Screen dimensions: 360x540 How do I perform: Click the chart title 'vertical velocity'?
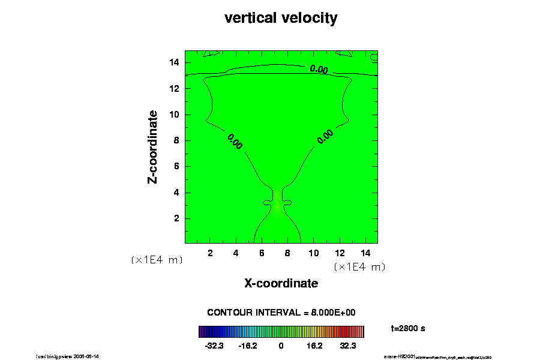281,18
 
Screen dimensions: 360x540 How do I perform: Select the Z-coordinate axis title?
153,146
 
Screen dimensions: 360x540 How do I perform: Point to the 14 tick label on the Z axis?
175,62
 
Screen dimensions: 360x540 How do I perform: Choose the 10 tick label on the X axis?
313,253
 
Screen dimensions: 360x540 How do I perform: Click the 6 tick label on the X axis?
262,253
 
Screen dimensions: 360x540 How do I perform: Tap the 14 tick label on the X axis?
365,253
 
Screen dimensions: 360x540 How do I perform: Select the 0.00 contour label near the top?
319,70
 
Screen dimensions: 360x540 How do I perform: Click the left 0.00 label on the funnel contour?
235,142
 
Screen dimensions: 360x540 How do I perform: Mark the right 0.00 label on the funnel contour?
325,137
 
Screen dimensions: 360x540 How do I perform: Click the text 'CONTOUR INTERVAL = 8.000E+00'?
281,313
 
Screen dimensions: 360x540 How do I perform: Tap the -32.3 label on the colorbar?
214,346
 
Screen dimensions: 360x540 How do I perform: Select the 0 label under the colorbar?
281,346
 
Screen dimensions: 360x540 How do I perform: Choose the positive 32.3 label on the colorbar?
348,346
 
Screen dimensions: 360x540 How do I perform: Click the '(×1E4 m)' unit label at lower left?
157,260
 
